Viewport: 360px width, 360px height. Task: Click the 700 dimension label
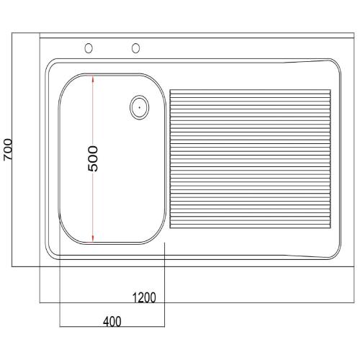pos(7,150)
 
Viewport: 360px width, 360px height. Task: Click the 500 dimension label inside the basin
pos(94,158)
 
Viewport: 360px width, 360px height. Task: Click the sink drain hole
pos(138,108)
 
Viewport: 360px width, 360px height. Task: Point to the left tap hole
pos(89,48)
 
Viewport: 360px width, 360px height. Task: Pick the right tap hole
pos(135,48)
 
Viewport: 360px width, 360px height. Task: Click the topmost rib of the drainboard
pos(250,90)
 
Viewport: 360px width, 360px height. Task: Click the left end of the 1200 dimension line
pos(40,303)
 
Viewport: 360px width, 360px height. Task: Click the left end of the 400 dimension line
pos(58,326)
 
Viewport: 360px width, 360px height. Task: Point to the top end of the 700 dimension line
pos(15,33)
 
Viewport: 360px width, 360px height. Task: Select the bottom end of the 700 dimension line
pos(15,266)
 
